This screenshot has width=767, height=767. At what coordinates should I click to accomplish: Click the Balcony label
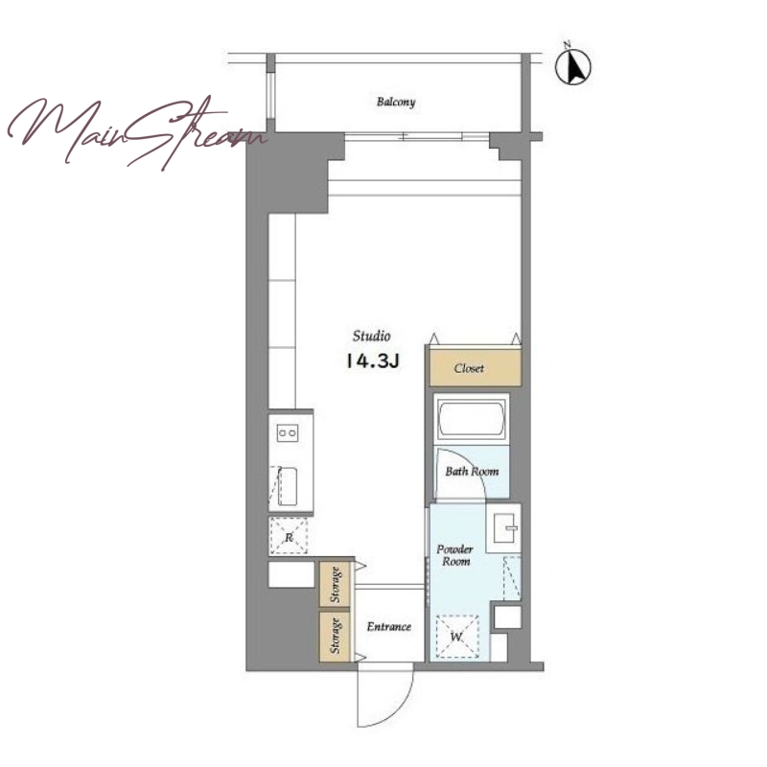pos(396,103)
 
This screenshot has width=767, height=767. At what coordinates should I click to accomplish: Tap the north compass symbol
pos(572,67)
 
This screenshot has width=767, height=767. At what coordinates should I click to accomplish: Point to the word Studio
pos(372,337)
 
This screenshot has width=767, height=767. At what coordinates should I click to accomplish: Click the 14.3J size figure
pos(373,361)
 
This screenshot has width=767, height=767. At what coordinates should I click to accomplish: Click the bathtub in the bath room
pos(472,419)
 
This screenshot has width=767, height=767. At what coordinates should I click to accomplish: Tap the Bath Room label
pos(472,472)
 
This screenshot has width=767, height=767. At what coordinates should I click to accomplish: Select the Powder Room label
pos(454,555)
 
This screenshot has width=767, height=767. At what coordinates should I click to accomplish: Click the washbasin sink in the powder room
pos(505,528)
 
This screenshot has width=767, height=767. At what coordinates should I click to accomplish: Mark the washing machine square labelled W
pos(457,636)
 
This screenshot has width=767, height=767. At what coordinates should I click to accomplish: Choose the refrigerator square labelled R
pos(289,536)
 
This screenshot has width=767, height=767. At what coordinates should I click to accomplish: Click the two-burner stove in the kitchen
pos(287,433)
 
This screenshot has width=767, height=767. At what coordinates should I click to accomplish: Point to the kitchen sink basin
pos(288,486)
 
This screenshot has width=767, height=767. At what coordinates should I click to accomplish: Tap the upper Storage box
pos(335,584)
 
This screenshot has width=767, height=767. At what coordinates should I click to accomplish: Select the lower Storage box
pos(335,636)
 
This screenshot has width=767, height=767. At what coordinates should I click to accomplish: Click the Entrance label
pos(389,627)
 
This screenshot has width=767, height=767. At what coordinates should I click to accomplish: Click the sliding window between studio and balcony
pos(417,137)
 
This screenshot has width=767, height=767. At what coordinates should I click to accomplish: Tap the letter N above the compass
pos(568,45)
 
